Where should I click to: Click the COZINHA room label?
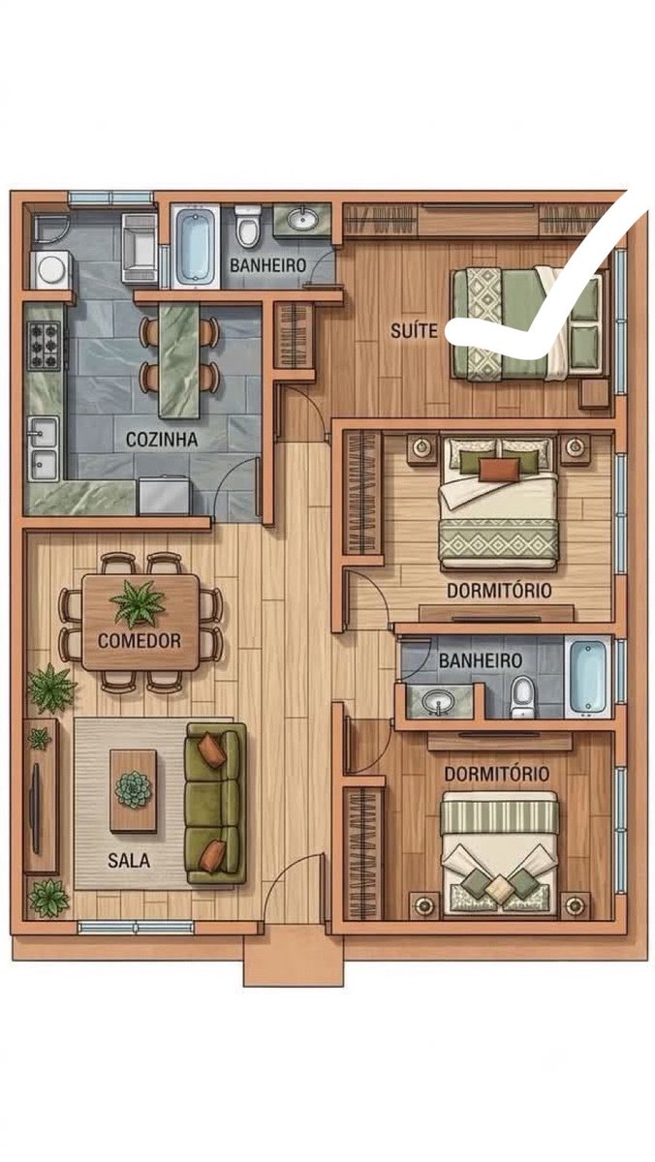162,440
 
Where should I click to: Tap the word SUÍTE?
414,330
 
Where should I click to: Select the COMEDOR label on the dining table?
140,641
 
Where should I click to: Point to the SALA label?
129,861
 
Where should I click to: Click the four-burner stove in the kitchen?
45,346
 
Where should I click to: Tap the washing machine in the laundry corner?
50,269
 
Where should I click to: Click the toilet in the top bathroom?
248,227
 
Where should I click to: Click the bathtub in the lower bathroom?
588,677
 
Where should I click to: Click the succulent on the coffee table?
134,789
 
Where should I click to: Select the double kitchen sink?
43,448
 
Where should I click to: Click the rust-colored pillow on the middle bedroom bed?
499,470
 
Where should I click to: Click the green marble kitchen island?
179,360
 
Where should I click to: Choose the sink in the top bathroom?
302,220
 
